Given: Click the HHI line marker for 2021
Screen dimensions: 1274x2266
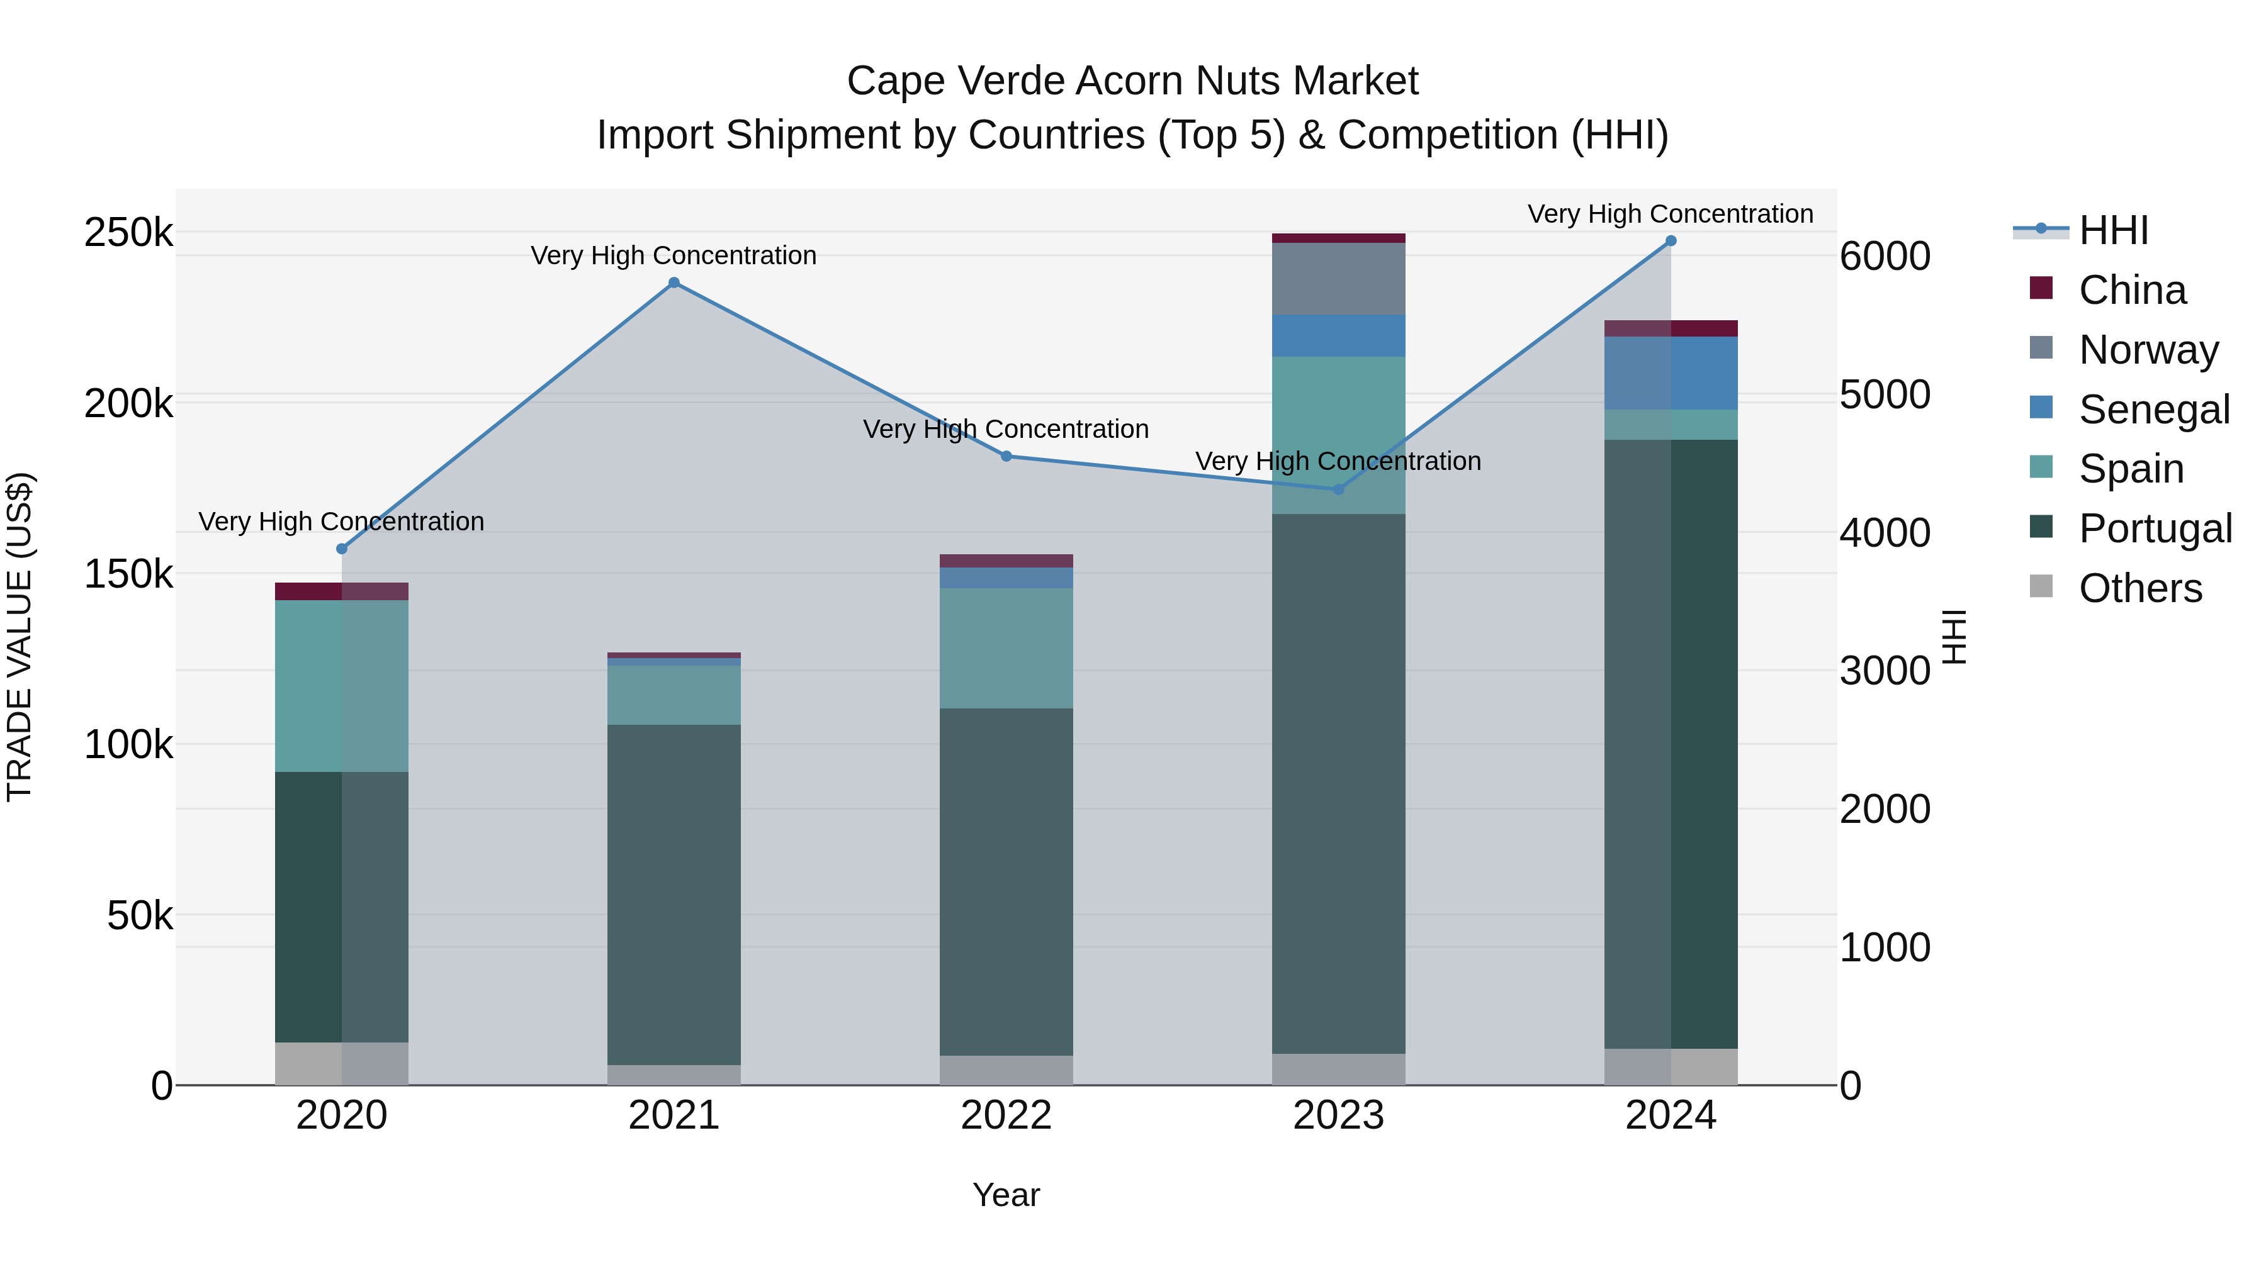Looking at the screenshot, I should (674, 282).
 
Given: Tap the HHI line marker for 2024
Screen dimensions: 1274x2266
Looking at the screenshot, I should (1671, 241).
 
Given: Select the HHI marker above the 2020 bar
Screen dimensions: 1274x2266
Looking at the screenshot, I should (342, 549).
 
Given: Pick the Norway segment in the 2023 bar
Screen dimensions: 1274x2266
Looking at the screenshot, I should (1338, 279).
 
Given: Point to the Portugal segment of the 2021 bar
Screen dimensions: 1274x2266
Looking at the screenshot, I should (674, 894).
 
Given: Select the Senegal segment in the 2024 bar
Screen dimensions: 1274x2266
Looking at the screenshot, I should (1671, 373).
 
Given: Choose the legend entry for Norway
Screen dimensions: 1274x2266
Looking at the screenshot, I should (2147, 350).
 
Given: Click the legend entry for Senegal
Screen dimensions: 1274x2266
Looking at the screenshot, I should (2153, 410).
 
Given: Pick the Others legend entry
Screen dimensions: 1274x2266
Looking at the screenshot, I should (2139, 588).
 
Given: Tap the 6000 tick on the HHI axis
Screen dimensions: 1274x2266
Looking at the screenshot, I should (1884, 257).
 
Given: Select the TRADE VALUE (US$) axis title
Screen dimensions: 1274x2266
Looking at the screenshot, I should (20, 637).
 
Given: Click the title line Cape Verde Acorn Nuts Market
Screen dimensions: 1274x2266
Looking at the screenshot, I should (1132, 81).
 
